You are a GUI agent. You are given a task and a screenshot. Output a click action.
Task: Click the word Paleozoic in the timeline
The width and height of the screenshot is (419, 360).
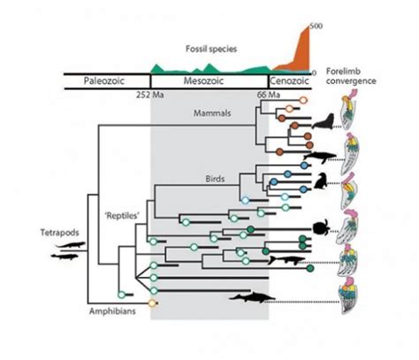point(104,80)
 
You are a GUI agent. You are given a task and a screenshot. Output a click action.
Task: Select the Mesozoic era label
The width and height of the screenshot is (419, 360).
point(203,80)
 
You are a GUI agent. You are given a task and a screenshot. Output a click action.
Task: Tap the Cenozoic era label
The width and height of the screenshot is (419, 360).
point(289,80)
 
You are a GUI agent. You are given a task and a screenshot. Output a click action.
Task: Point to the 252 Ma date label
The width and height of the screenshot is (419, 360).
point(150,95)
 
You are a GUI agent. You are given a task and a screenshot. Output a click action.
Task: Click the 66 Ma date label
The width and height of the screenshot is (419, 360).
point(269,95)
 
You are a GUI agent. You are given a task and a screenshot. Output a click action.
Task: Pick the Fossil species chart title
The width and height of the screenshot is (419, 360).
point(211,49)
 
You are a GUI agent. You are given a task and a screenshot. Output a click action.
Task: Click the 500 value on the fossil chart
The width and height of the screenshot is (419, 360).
point(316,26)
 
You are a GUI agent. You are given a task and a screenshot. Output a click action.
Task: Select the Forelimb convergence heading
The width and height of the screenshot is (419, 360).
point(351,76)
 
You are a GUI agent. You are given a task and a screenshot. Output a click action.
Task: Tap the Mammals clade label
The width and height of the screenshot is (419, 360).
point(212,113)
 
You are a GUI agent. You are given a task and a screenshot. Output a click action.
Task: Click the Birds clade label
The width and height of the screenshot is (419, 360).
point(215,179)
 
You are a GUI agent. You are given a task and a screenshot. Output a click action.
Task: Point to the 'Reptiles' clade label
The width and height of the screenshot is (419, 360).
point(122,216)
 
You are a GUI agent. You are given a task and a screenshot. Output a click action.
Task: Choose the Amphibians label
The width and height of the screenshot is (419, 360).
point(112,311)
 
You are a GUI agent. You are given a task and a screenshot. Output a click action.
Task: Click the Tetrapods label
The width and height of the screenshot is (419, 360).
point(60,233)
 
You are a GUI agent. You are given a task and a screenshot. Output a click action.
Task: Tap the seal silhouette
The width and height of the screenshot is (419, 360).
point(324,121)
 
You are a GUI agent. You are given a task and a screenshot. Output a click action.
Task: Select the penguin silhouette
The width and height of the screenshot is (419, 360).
point(319,181)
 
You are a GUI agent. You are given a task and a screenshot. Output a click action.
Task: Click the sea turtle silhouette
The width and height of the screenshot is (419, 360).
point(321,228)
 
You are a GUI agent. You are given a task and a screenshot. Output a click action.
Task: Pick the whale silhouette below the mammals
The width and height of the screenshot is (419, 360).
point(320,157)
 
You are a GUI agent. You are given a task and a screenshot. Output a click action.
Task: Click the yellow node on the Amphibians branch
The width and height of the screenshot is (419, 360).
point(152,303)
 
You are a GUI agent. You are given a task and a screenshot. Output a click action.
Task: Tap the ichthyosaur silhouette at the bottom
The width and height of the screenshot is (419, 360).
point(252,297)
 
